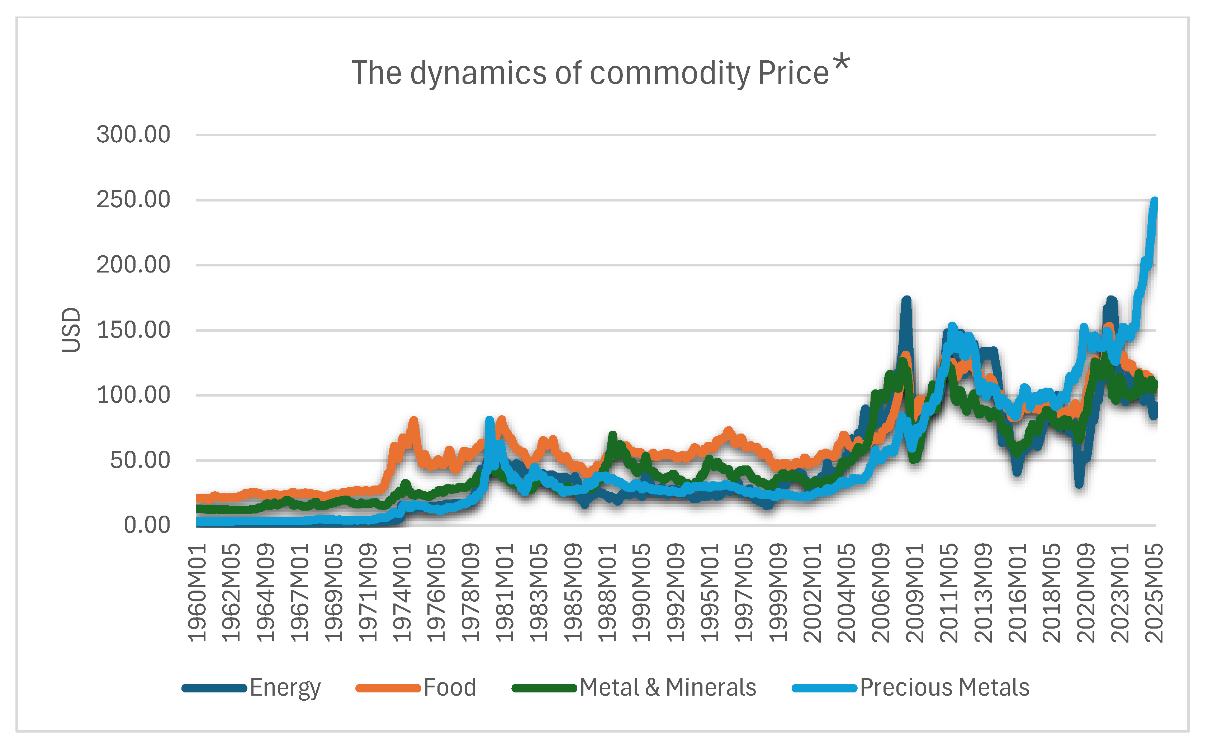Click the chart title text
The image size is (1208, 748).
(589, 73)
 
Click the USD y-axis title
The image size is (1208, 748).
(71, 330)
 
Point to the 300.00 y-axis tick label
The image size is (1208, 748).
(133, 134)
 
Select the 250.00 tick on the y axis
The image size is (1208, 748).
(133, 200)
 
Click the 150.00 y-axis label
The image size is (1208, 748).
(133, 330)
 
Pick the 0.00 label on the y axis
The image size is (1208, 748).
(147, 525)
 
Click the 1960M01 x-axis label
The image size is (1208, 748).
(197, 593)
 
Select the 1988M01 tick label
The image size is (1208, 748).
(607, 593)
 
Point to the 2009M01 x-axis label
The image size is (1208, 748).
(915, 593)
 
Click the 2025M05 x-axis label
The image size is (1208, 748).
(1153, 593)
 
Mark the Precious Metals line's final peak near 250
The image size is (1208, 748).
(1155, 200)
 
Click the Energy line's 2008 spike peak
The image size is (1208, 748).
(906, 300)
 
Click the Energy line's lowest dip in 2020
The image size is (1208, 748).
(1079, 484)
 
